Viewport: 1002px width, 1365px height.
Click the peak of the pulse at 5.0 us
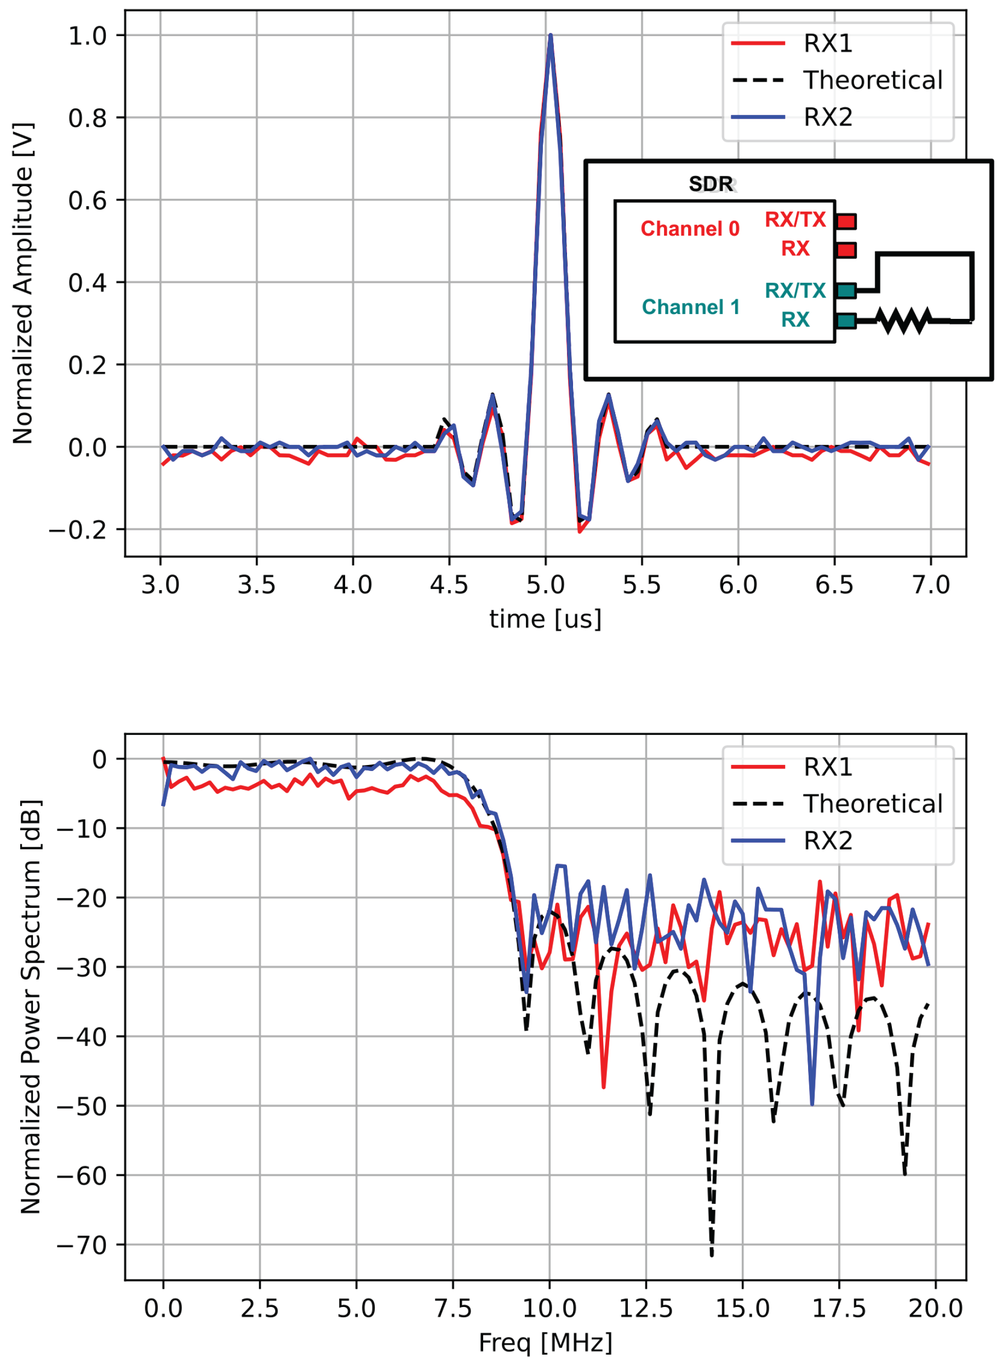[x=550, y=35]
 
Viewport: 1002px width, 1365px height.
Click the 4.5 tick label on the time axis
[x=449, y=585]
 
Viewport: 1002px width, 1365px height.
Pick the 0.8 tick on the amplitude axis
[x=87, y=118]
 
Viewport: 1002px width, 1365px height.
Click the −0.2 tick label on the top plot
[x=77, y=530]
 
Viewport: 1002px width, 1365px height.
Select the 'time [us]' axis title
[x=545, y=619]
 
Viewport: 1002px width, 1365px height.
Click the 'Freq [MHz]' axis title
[x=545, y=1343]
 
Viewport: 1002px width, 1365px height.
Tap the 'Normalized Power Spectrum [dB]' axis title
[x=30, y=1007]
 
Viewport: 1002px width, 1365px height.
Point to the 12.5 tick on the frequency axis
[x=646, y=1309]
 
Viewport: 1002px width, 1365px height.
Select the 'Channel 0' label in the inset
[x=690, y=229]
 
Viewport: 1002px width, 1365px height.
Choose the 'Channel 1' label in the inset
[x=690, y=307]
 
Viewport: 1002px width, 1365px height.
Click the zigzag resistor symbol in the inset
[x=904, y=321]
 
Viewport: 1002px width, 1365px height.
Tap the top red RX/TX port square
[x=846, y=221]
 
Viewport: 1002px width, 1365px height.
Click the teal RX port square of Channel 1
[x=846, y=321]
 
